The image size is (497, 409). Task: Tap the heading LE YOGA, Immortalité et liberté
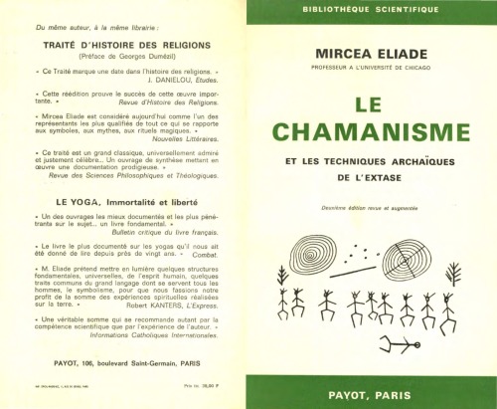124,201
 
